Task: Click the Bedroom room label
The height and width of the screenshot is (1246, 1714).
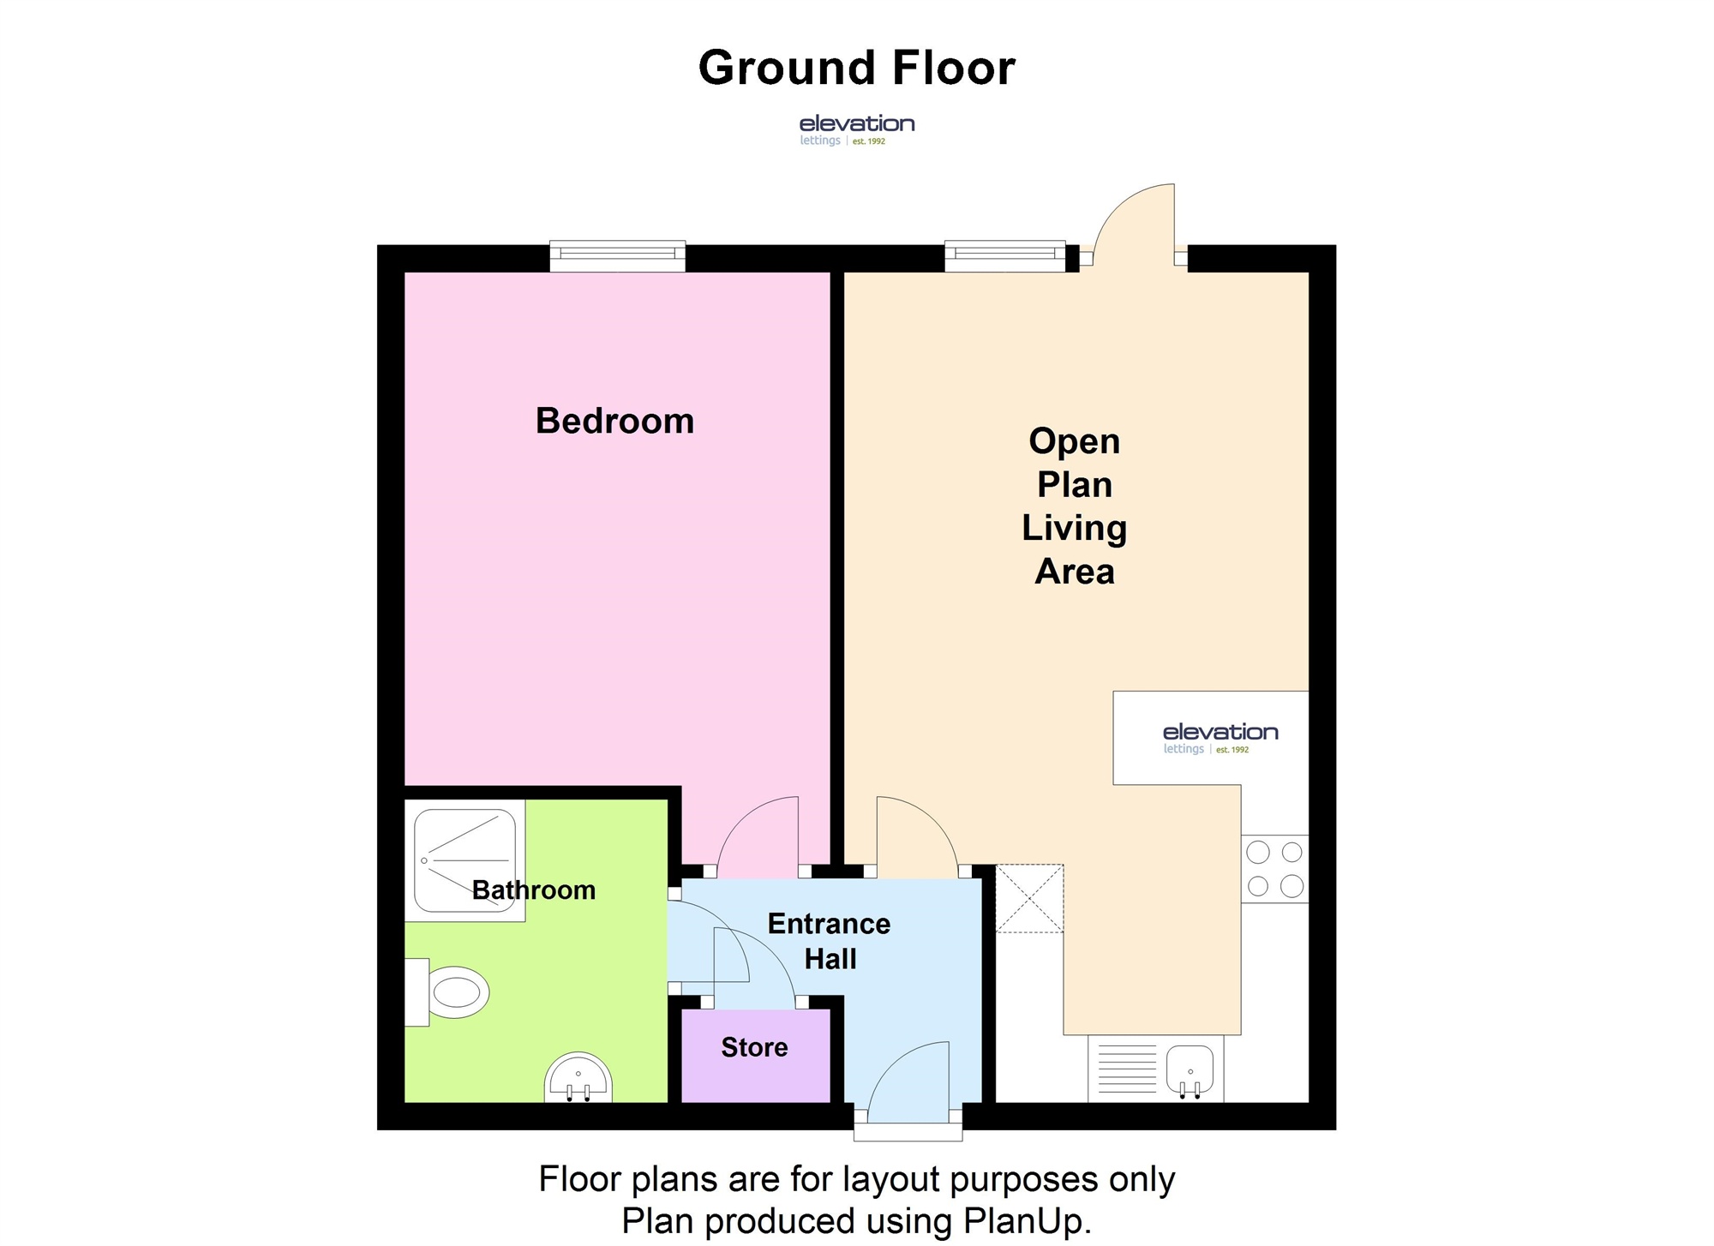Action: click(x=614, y=421)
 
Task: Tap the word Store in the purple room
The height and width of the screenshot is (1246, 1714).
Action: click(x=754, y=1047)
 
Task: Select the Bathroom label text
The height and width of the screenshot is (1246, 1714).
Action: click(x=534, y=890)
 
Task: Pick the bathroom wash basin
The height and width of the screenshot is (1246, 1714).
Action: click(x=578, y=1078)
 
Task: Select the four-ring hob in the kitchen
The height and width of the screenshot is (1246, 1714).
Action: click(x=1274, y=869)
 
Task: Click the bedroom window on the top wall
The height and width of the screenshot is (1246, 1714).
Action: click(x=617, y=255)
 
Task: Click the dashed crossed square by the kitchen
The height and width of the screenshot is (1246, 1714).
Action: click(x=1029, y=898)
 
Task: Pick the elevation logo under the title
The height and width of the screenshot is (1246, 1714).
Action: click(x=857, y=130)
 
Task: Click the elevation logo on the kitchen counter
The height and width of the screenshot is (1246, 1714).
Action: click(x=1220, y=738)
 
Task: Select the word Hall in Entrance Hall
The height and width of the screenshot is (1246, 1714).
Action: click(x=830, y=959)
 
